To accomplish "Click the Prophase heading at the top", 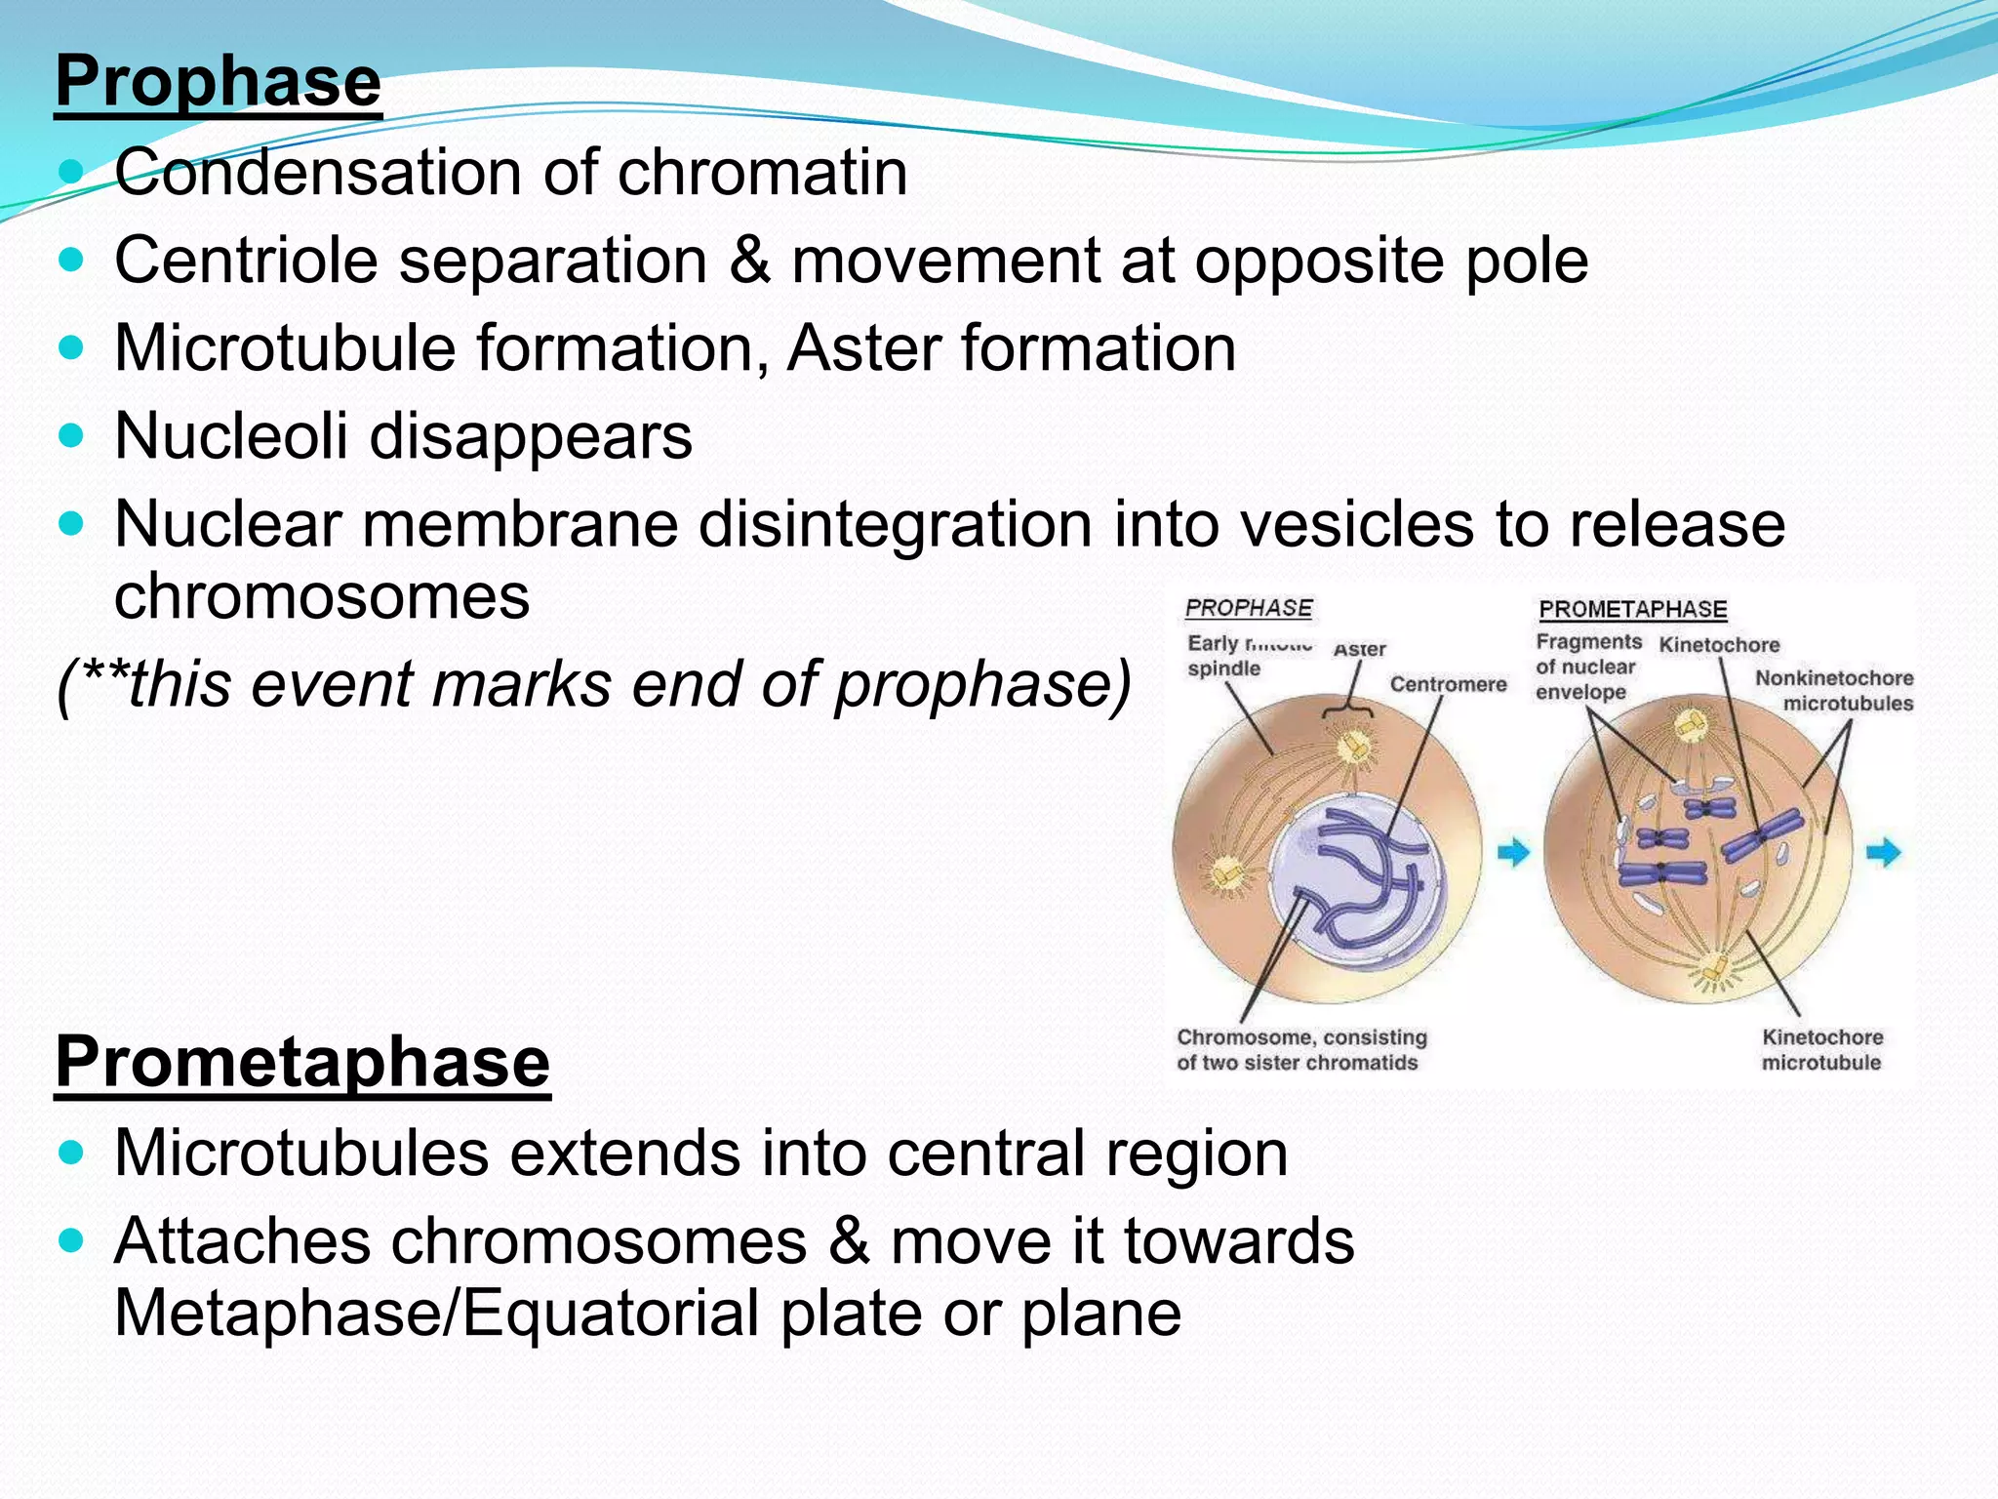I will coord(219,82).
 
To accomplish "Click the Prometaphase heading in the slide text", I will coord(302,1062).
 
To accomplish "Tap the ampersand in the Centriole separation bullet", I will coord(749,262).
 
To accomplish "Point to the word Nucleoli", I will coord(231,435).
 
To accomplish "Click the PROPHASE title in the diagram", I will coord(1248,608).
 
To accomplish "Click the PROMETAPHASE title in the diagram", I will coord(1632,610).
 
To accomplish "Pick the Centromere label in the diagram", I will coord(1448,685).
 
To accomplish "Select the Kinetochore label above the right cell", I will coord(1719,645).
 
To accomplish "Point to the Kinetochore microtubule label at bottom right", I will coord(1821,1050).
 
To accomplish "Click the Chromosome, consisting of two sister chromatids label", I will coord(1300,1050).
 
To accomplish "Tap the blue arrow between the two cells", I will coord(1513,853).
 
